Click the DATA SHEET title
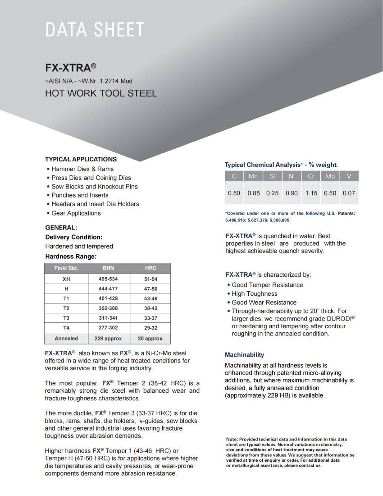point(95,30)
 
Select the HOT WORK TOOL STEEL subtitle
point(101,94)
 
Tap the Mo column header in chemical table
point(330,176)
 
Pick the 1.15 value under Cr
point(311,193)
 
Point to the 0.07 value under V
point(349,193)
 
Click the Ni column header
point(292,176)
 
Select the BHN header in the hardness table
point(108,268)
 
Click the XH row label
point(66,279)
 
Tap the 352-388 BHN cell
point(108,308)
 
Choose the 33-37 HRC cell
point(150,318)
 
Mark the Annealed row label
point(66,338)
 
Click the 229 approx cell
point(108,338)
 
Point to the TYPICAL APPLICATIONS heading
point(81,159)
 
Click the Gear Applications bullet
point(76,213)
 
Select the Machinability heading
point(244,355)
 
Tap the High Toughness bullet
point(254,294)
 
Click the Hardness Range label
point(71,257)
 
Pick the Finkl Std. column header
point(66,268)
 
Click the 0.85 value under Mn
point(254,193)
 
